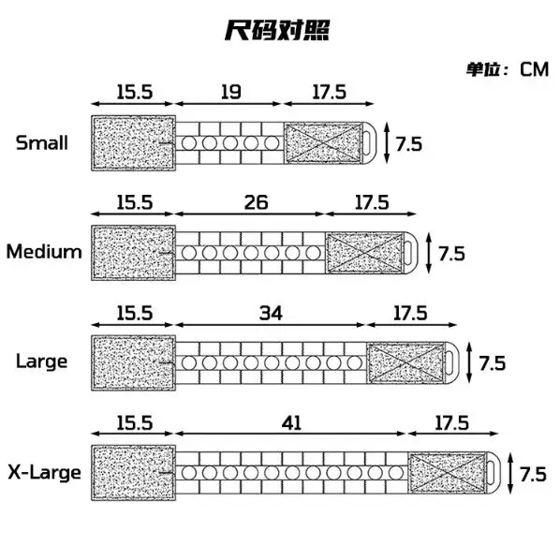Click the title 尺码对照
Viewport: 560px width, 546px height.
[277, 31]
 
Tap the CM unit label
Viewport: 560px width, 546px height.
[534, 69]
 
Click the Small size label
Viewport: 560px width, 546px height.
[42, 142]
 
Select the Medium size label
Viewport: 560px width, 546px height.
[44, 251]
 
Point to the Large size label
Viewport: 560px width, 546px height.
[42, 362]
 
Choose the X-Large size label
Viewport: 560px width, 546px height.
[45, 472]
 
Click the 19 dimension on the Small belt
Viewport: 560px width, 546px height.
[230, 92]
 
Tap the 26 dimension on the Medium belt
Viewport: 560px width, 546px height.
[256, 202]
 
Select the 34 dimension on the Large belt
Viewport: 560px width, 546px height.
[271, 313]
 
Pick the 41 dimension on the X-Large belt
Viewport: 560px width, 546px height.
[291, 422]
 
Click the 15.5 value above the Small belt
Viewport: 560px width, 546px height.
[135, 92]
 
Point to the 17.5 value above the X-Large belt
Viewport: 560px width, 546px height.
[451, 422]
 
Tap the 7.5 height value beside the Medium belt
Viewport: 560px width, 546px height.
[451, 254]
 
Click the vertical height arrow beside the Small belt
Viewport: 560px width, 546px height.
[387, 142]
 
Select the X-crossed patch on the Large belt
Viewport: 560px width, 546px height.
[406, 362]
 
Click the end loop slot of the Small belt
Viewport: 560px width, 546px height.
[366, 143]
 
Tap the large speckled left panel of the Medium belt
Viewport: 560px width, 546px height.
[133, 253]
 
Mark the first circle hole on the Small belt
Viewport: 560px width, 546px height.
[189, 143]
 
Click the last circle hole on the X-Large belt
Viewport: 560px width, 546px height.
[396, 473]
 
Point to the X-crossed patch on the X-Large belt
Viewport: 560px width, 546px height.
[448, 473]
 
